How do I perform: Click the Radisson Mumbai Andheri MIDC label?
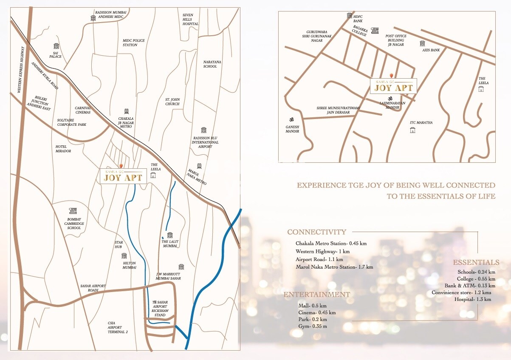pyautogui.click(x=110, y=15)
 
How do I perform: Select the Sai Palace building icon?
pyautogui.click(x=56, y=46)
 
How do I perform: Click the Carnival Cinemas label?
pyautogui.click(x=83, y=110)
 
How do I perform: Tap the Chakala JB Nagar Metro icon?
pyautogui.click(x=126, y=111)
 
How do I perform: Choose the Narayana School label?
pyautogui.click(x=210, y=64)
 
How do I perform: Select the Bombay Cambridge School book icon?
pyautogui.click(x=73, y=210)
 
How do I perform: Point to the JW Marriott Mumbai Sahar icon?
pyautogui.click(x=181, y=267)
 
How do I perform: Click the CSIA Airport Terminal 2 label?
pyautogui.click(x=115, y=327)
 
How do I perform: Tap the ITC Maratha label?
pyautogui.click(x=421, y=122)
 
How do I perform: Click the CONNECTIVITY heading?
pyautogui.click(x=316, y=232)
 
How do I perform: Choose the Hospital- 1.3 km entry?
pyautogui.click(x=472, y=299)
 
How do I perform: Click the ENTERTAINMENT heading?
pyautogui.click(x=317, y=295)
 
